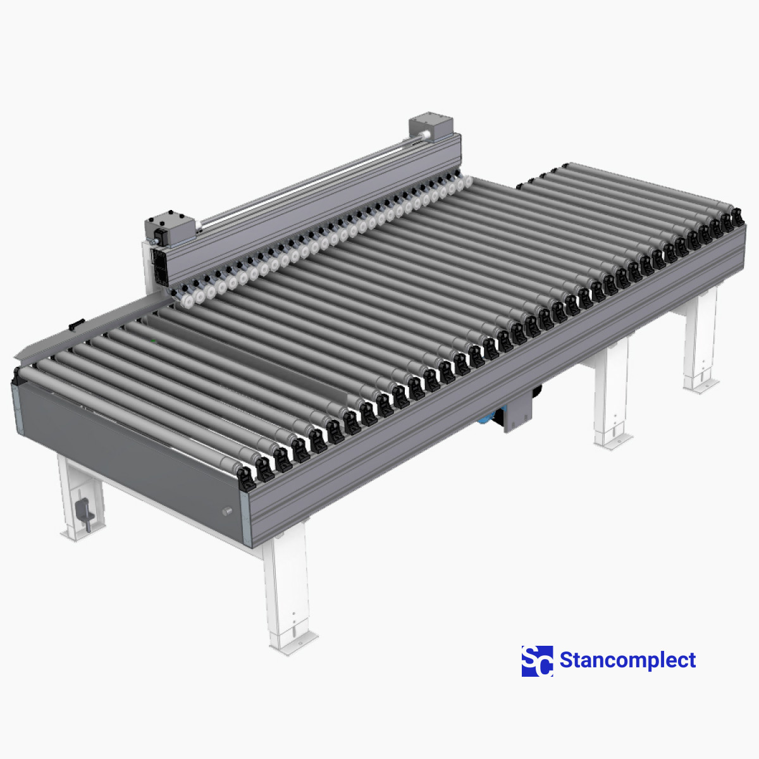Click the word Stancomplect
point(627,660)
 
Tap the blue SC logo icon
point(536,661)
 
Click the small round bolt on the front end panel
point(227,510)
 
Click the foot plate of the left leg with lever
point(75,532)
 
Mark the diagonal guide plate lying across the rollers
point(253,354)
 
